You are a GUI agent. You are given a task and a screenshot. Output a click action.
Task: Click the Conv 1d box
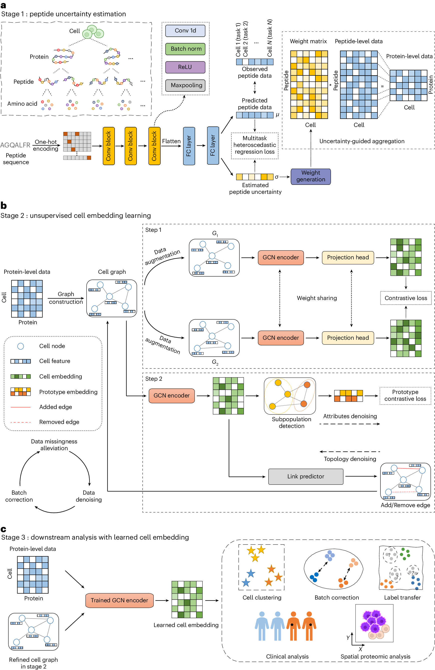[185, 31]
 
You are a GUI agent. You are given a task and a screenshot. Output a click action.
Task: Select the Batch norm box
[185, 49]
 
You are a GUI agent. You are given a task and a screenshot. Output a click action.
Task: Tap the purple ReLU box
[185, 67]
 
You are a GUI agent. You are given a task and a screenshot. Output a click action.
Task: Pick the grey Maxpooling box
[185, 85]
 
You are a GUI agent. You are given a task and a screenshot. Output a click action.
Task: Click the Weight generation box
[310, 176]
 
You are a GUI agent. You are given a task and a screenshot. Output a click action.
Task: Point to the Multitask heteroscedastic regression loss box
[254, 145]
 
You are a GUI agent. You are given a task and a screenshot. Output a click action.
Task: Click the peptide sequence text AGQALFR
[15, 145]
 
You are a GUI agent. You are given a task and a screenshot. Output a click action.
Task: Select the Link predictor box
[305, 476]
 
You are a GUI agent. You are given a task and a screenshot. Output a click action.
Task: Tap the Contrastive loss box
[405, 298]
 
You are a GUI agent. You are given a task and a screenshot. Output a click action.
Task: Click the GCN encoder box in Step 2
[171, 395]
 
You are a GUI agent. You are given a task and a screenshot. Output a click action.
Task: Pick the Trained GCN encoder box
[119, 600]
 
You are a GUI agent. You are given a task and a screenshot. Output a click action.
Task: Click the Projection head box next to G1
[348, 257]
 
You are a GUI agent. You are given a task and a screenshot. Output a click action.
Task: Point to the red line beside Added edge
[20, 407]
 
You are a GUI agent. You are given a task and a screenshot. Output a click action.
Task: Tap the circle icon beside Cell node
[21, 346]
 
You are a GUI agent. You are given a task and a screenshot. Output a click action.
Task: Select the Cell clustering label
[262, 597]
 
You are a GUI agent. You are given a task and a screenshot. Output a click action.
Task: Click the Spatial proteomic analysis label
[375, 657]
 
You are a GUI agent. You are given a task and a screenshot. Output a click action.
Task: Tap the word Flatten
[171, 141]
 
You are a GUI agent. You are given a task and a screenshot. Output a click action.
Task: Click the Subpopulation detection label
[291, 422]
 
